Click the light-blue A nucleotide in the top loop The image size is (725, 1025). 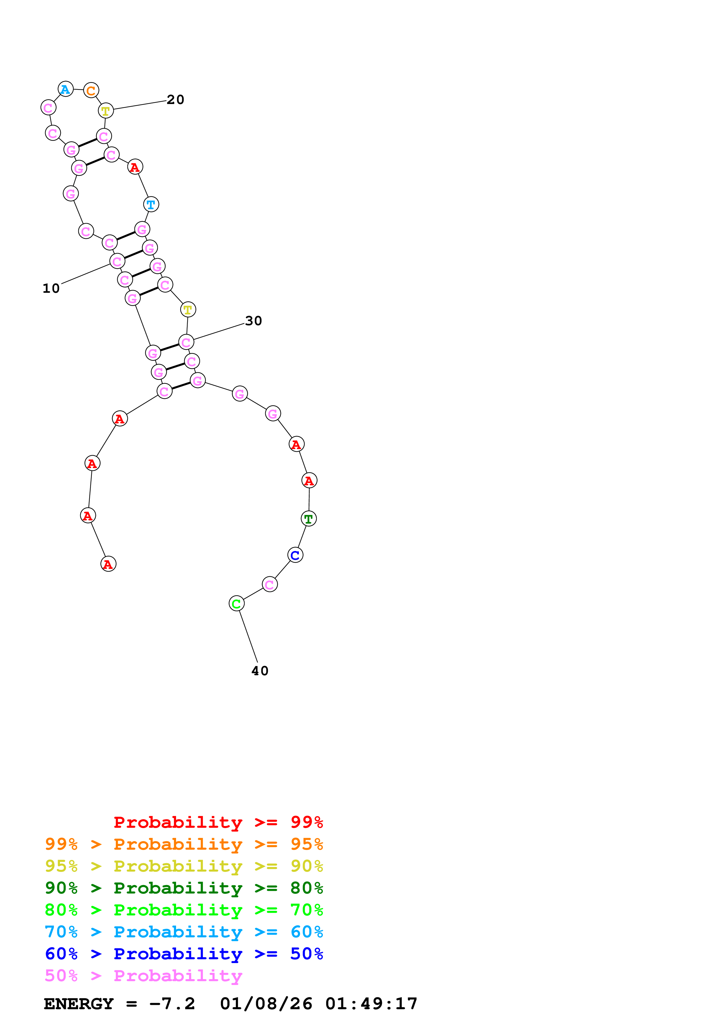pyautogui.click(x=66, y=89)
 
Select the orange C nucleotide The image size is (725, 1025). pyautogui.click(x=91, y=91)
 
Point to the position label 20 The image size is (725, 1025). pyautogui.click(x=175, y=100)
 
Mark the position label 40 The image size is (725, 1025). pyautogui.click(x=260, y=671)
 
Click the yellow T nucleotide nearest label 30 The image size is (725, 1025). pyautogui.click(x=188, y=309)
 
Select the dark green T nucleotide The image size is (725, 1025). pyautogui.click(x=309, y=519)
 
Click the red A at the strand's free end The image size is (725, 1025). pyautogui.click(x=109, y=564)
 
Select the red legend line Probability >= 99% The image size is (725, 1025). pyautogui.click(x=218, y=822)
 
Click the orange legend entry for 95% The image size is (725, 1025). pyautogui.click(x=184, y=844)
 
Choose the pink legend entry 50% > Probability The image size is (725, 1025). pyautogui.click(x=143, y=975)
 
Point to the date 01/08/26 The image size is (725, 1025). pyautogui.click(x=266, y=1004)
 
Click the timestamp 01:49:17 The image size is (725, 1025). pyautogui.click(x=371, y=1004)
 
